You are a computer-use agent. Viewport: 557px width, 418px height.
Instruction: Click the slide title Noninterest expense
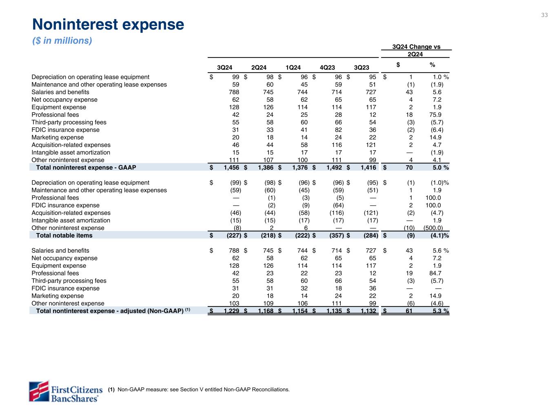click(108, 25)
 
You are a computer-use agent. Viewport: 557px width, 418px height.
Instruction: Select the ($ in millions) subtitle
click(62, 41)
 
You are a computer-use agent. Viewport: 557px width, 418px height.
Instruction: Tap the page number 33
click(544, 15)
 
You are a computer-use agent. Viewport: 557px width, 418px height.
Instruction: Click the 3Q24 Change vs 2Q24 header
click(416, 51)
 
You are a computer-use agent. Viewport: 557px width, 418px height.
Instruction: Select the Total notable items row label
click(64, 236)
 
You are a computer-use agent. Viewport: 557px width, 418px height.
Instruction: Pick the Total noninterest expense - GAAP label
click(86, 167)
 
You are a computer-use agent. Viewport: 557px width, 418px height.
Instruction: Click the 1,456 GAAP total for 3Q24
click(232, 167)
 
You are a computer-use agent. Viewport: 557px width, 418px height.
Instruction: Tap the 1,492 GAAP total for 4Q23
click(334, 167)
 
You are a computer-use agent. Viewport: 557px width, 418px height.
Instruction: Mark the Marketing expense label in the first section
click(58, 137)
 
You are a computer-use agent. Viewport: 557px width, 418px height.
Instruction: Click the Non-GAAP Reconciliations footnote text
click(203, 389)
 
